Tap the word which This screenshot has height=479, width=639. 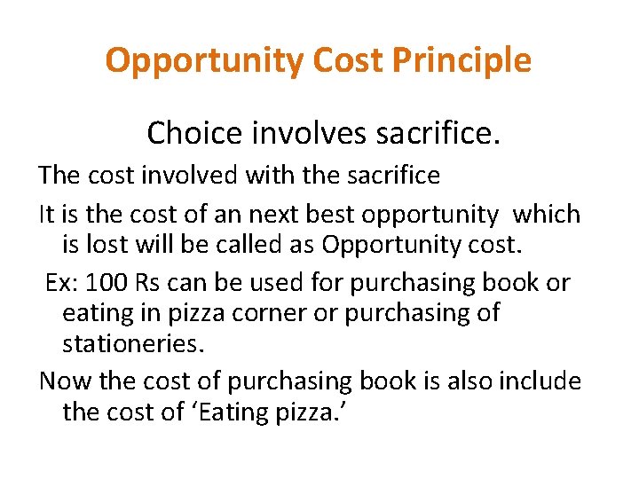pyautogui.click(x=548, y=215)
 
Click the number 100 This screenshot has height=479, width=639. pyautogui.click(x=106, y=283)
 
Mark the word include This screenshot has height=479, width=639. pyautogui.click(x=540, y=381)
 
